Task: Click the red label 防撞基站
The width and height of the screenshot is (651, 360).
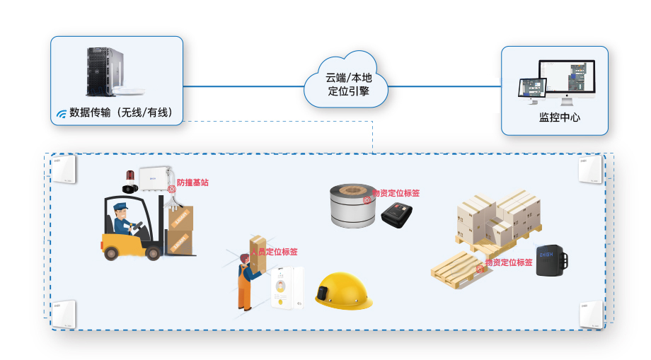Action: coord(192,182)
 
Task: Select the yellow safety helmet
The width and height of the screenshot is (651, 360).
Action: coord(343,290)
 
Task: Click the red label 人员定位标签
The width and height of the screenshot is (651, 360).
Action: coord(274,251)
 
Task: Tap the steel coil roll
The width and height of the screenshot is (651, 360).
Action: coord(352,205)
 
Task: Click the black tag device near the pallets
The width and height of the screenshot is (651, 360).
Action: coord(552,259)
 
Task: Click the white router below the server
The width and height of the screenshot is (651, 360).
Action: coord(133,91)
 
